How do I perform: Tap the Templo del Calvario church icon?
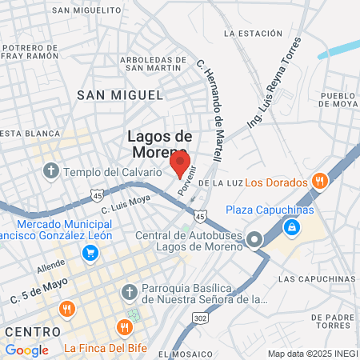[x=51, y=170]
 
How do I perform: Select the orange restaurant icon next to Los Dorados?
[x=319, y=182]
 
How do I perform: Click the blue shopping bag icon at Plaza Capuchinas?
[x=292, y=228]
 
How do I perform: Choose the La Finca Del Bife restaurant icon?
[x=123, y=327]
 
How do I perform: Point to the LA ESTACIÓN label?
[x=253, y=34]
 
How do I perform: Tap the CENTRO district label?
[x=31, y=331]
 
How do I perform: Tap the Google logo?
[x=26, y=350]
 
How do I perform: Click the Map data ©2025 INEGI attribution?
[x=311, y=354]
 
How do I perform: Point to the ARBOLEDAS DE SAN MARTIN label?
[x=158, y=64]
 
